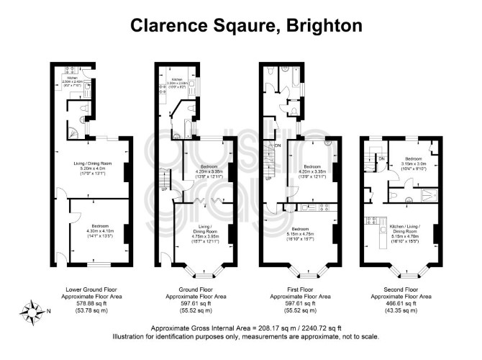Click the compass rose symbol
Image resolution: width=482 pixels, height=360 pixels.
31,311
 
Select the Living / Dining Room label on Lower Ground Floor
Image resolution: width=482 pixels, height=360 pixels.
91,168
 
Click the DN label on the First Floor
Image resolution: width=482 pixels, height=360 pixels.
277,146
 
